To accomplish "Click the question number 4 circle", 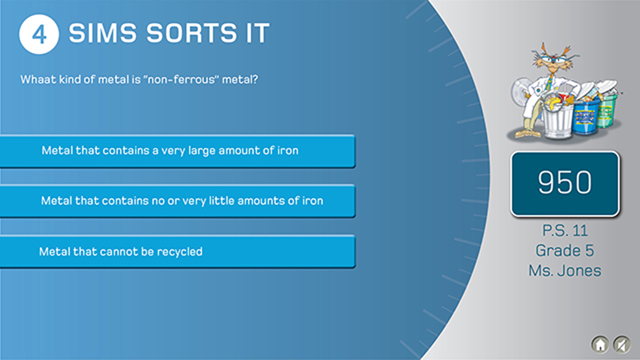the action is point(39,34).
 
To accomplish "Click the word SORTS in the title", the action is point(192,33).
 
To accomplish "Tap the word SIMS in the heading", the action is point(103,33).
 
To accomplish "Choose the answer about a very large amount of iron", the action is point(177,151).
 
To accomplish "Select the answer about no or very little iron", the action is point(177,201).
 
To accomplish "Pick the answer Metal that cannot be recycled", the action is point(177,251).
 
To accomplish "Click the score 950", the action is point(565,183).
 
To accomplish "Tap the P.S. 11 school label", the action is point(565,231).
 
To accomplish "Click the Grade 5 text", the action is point(565,251).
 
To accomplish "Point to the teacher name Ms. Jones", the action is point(565,271).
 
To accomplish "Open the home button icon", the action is point(600,344).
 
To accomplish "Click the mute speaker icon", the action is point(622,344).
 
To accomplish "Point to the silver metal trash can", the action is point(558,119).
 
